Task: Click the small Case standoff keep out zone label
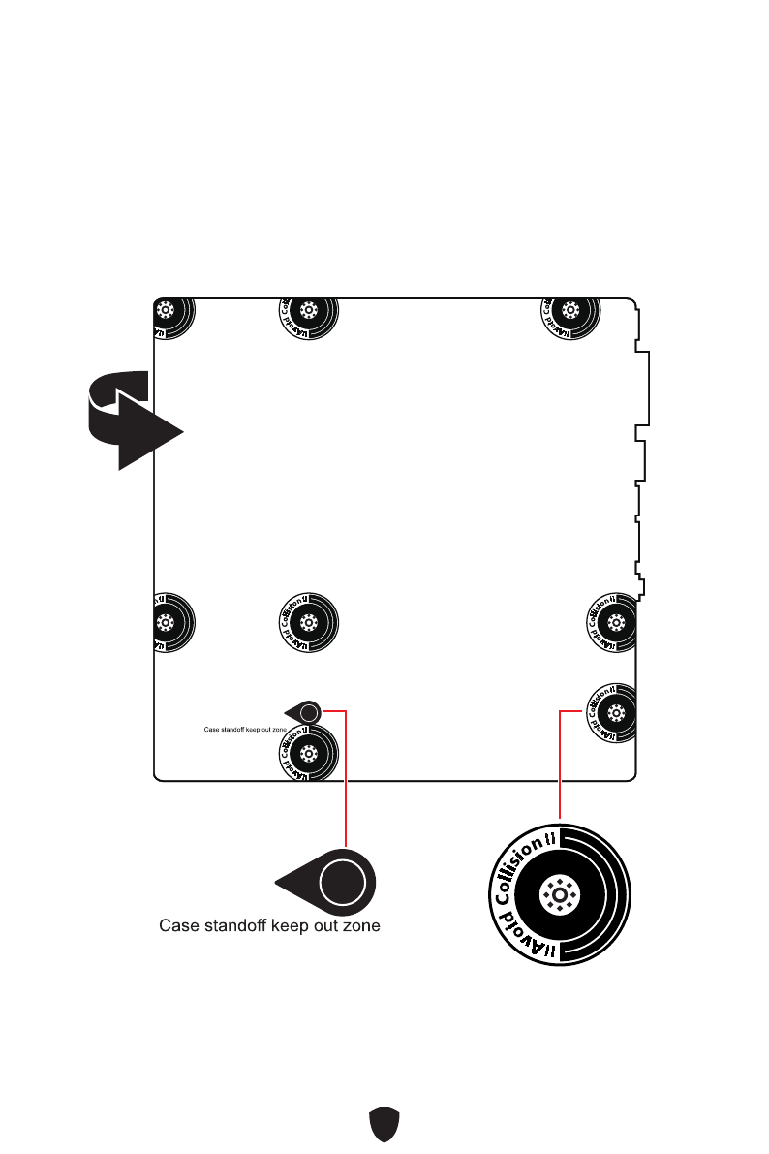[x=243, y=731]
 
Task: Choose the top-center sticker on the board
[x=308, y=312]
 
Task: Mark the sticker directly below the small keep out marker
[x=308, y=751]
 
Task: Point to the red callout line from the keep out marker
[x=345, y=775]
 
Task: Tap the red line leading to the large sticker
[x=560, y=765]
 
